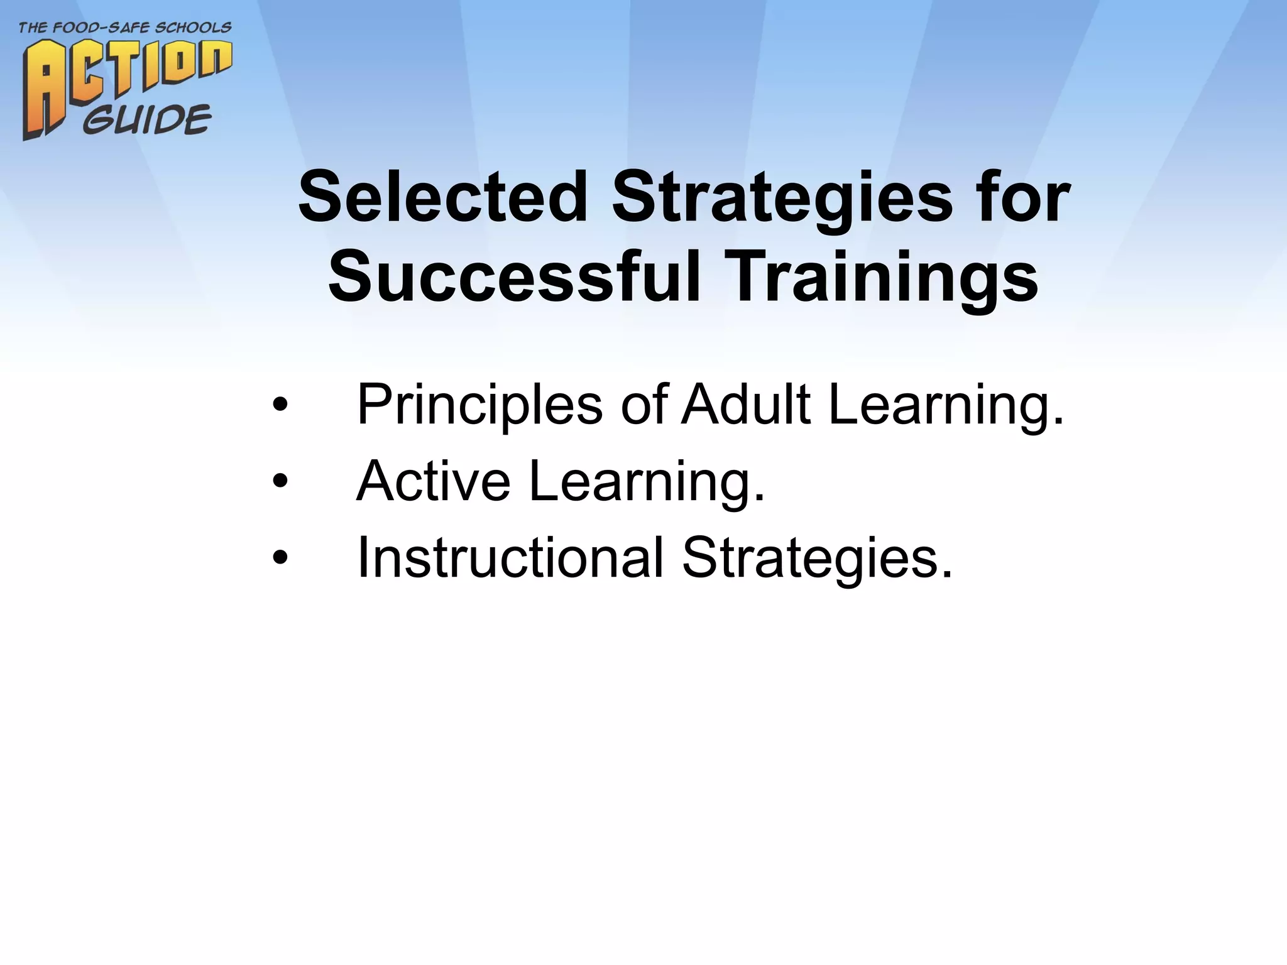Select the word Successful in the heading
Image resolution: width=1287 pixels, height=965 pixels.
(513, 276)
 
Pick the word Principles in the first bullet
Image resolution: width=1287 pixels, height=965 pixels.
(479, 406)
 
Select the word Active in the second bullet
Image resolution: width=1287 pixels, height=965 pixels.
(433, 481)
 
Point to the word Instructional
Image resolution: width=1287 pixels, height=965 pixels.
(510, 558)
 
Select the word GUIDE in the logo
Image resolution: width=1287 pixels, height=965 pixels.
(147, 120)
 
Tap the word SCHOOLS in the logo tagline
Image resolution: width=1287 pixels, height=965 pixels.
(197, 28)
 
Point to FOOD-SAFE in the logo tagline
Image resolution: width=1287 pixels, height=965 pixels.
(104, 28)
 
